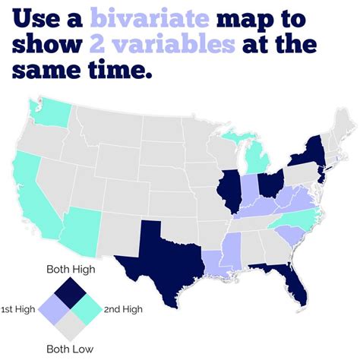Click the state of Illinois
click(226, 186)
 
